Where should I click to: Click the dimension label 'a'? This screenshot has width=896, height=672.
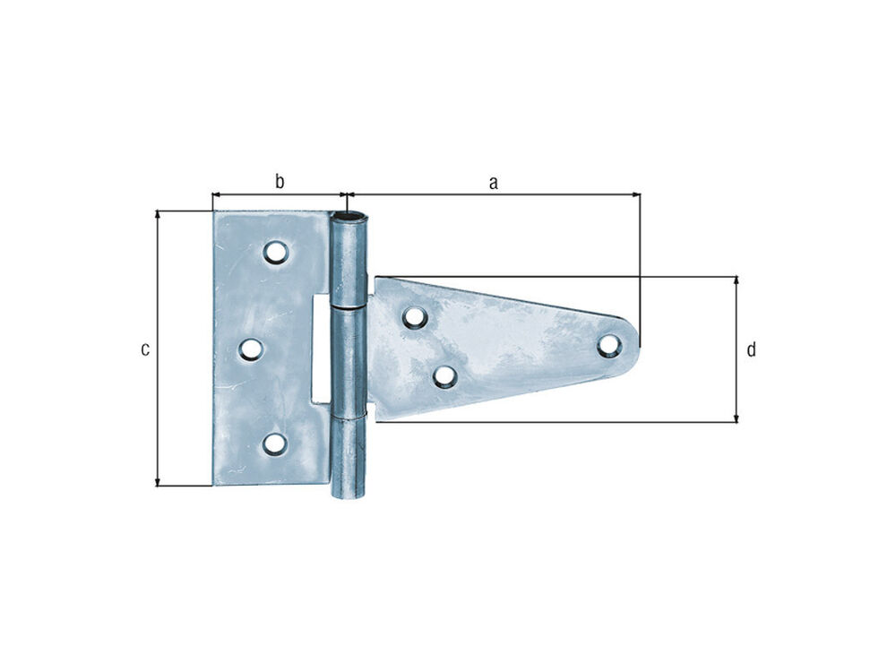click(x=493, y=183)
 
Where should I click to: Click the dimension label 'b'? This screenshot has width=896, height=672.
click(x=280, y=181)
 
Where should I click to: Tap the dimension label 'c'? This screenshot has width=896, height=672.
click(x=145, y=349)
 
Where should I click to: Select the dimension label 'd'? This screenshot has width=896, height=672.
click(x=751, y=349)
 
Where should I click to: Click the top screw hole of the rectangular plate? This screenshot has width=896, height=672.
click(x=276, y=252)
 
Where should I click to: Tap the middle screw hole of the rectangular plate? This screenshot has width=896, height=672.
click(x=251, y=349)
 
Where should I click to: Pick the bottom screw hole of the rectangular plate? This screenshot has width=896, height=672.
click(x=275, y=444)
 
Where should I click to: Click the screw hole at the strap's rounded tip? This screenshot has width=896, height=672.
click(x=609, y=345)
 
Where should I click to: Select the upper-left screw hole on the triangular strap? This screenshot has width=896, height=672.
click(x=415, y=317)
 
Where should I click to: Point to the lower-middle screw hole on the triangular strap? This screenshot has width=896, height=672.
click(x=445, y=376)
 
